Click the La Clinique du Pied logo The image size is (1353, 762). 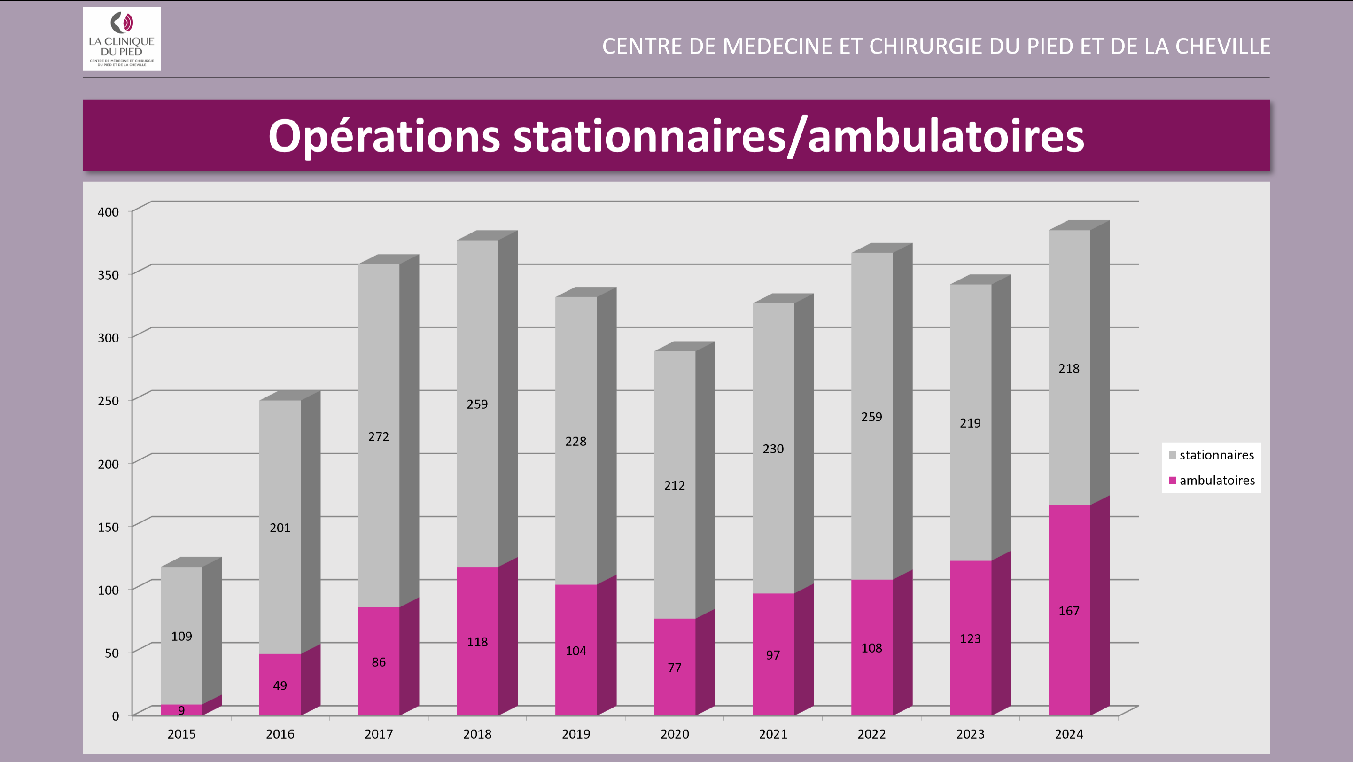tap(121, 39)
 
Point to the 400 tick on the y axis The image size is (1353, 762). tap(108, 211)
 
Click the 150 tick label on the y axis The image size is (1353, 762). tap(108, 527)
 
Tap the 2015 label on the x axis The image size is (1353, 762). tap(181, 734)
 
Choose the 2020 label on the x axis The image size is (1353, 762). tap(675, 734)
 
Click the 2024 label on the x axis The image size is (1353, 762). tap(1069, 734)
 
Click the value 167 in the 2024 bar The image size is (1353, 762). tap(1069, 611)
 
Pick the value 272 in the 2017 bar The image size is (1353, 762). tap(378, 436)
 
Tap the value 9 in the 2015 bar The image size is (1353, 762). tap(181, 710)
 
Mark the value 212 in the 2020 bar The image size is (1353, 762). tap(675, 485)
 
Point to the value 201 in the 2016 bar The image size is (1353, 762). tap(280, 527)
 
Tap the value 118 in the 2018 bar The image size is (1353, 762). tap(477, 642)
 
